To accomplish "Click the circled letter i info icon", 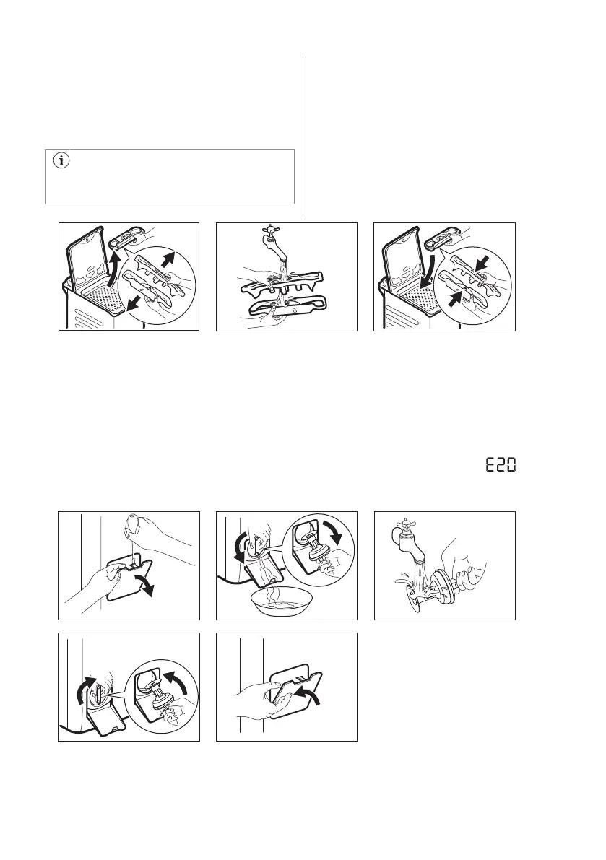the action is (x=61, y=161).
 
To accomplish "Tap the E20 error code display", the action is (x=501, y=466).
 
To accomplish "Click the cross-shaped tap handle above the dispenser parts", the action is (x=271, y=230).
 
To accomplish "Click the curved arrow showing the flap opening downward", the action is (x=144, y=585).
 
